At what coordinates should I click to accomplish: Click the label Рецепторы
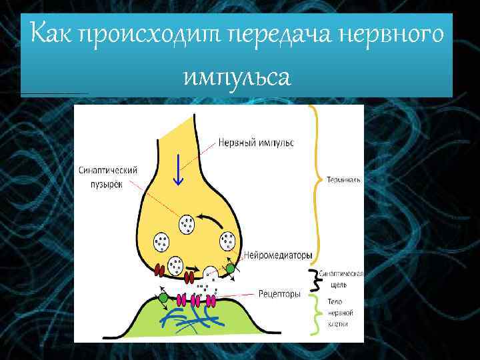pos(279,293)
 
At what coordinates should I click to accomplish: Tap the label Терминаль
pos(344,179)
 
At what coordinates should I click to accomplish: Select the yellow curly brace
pos(313,183)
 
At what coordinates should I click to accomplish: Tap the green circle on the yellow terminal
pos(231,269)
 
